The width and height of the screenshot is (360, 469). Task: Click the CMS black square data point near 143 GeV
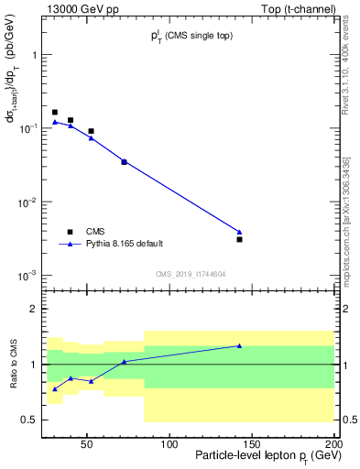239,239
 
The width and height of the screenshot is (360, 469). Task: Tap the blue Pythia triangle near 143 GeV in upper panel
239,232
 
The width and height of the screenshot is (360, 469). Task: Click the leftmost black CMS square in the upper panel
55,113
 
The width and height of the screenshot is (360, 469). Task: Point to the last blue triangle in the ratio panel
239,345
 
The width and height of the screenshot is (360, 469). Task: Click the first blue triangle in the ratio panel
55,389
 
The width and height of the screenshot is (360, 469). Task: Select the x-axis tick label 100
169,444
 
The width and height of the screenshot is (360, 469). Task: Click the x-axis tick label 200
334,444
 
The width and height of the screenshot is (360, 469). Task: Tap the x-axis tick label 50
87,444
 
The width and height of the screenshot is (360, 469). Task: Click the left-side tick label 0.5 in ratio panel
30,420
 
